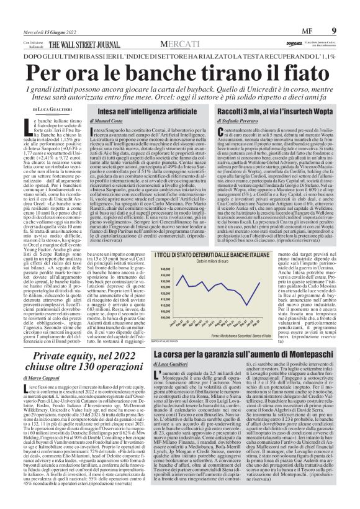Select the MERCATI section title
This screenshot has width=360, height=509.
[180, 45]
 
